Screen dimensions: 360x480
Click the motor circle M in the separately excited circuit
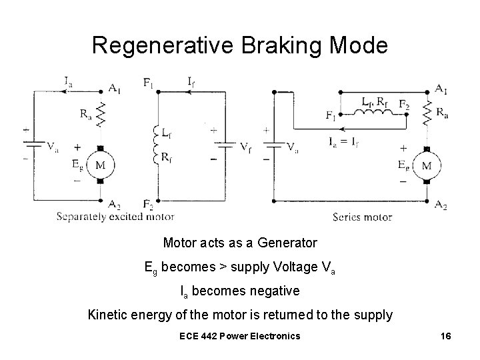click(x=101, y=164)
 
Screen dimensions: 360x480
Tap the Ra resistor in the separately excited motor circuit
click(x=101, y=115)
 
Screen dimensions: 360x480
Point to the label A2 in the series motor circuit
click(x=439, y=205)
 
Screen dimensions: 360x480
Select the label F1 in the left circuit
click(x=149, y=83)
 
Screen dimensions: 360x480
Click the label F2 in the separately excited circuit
click(x=148, y=204)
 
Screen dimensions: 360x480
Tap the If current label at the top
click(x=191, y=83)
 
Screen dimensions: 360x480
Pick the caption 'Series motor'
click(x=362, y=217)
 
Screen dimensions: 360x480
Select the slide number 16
click(x=446, y=335)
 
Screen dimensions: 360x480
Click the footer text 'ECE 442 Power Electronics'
click(x=239, y=335)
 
